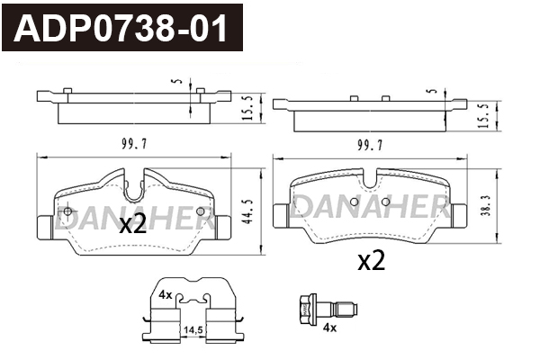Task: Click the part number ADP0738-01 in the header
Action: coord(121,28)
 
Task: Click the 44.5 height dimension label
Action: coord(247,211)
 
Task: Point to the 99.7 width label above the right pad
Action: coord(370,146)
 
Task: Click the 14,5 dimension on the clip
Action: coord(193,330)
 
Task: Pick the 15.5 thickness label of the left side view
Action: coord(247,108)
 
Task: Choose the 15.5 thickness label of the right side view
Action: coord(483,116)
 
